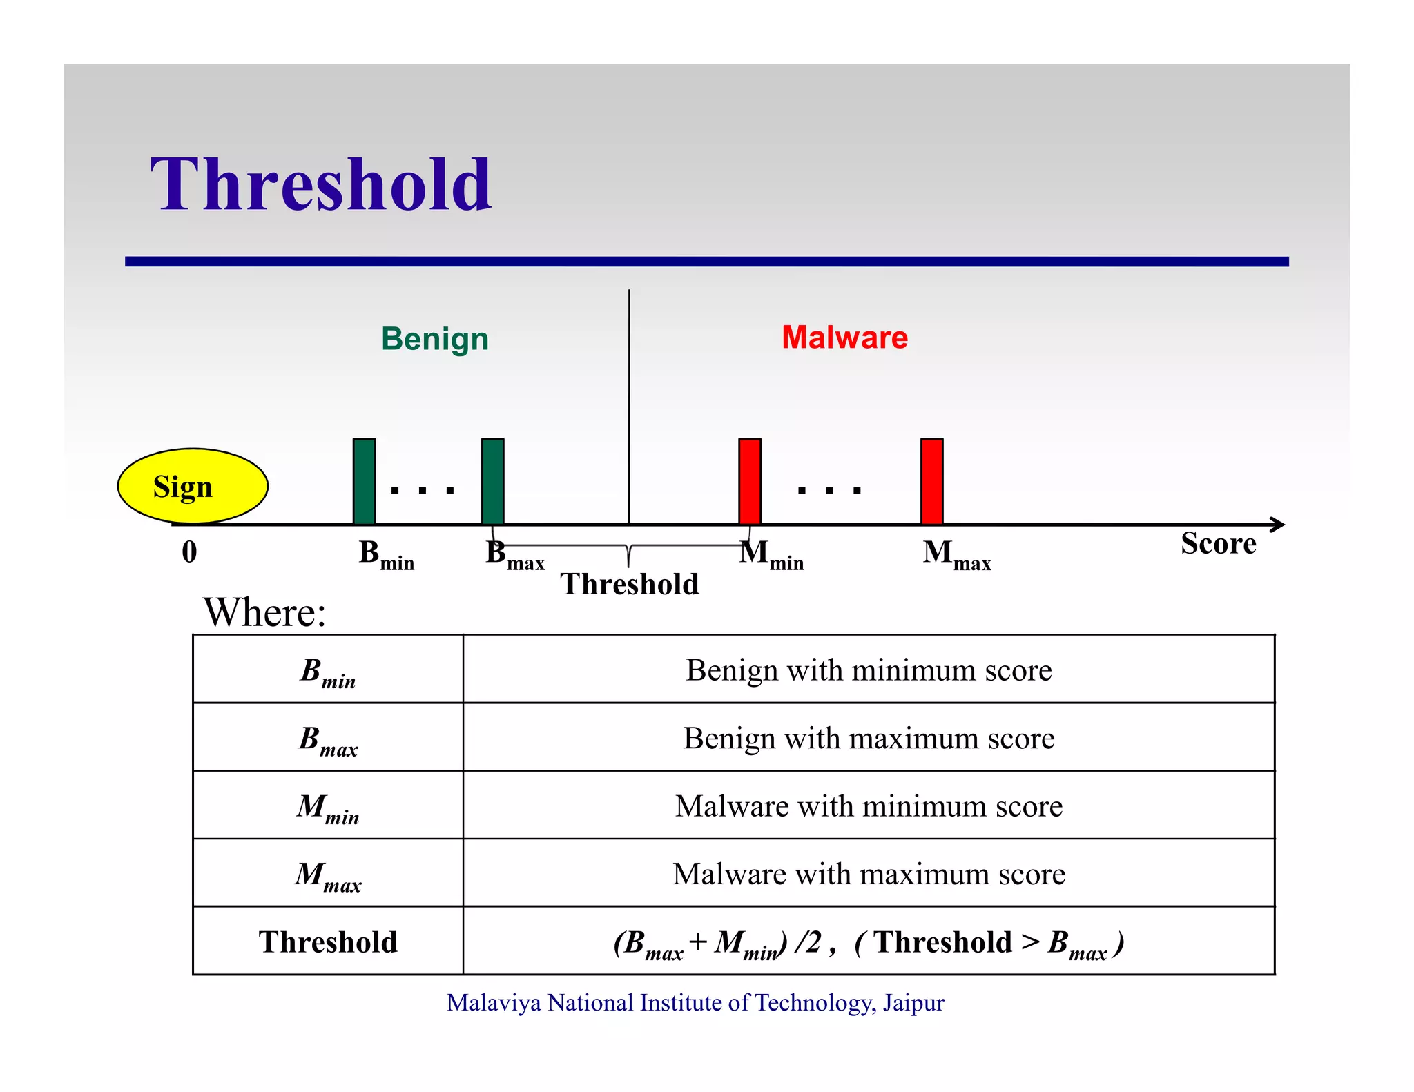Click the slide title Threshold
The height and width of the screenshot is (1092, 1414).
[x=321, y=185]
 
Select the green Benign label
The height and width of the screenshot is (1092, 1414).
[x=434, y=339]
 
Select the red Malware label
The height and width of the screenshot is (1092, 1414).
[x=844, y=338]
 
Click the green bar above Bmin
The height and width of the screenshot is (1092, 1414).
[x=364, y=481]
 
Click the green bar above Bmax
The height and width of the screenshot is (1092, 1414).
[x=492, y=481]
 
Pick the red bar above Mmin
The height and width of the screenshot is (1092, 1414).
[x=749, y=481]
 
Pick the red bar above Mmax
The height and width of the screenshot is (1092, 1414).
[x=931, y=481]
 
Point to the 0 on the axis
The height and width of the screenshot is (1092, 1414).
[x=189, y=552]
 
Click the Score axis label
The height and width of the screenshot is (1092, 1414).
[x=1218, y=544]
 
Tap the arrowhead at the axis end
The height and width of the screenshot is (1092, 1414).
[x=1278, y=525]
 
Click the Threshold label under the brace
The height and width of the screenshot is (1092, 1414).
[x=629, y=585]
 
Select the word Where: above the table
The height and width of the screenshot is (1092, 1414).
[x=264, y=612]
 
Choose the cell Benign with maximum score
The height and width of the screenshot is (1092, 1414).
[x=869, y=739]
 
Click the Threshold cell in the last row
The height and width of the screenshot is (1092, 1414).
[x=328, y=942]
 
